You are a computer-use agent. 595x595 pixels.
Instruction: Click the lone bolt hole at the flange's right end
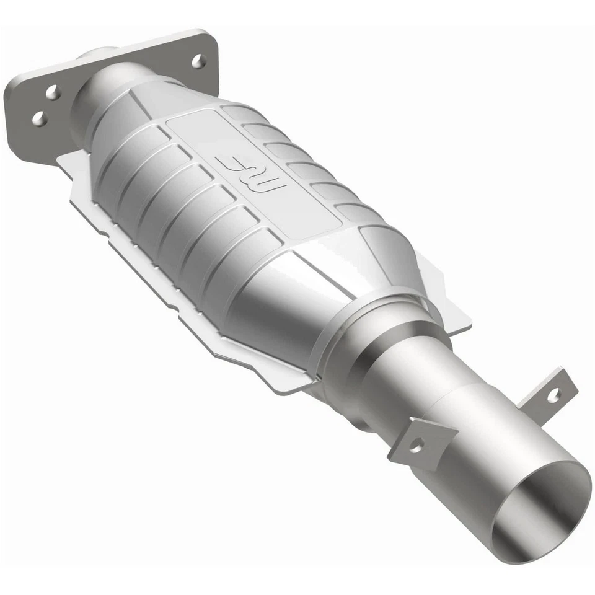click(x=198, y=61)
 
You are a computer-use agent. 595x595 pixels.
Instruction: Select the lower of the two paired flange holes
click(x=39, y=118)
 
